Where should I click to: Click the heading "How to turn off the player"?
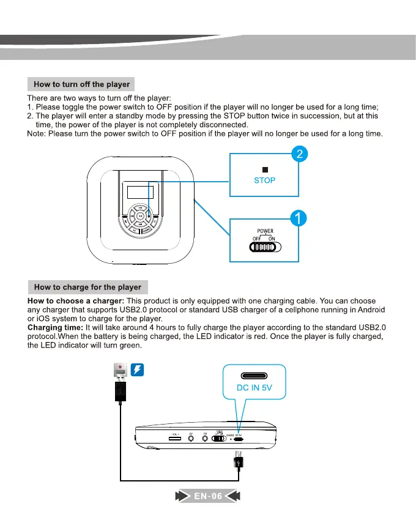[x=81, y=84]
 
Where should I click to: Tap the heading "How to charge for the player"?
[x=87, y=286]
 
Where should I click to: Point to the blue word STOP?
[x=264, y=180]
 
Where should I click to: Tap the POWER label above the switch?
[x=265, y=231]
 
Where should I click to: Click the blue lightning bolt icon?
[x=138, y=370]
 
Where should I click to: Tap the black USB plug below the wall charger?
[x=121, y=392]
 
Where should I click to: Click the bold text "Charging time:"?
[x=55, y=328]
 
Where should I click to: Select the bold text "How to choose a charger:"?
[x=76, y=301]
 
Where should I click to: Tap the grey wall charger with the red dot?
[x=121, y=370]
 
